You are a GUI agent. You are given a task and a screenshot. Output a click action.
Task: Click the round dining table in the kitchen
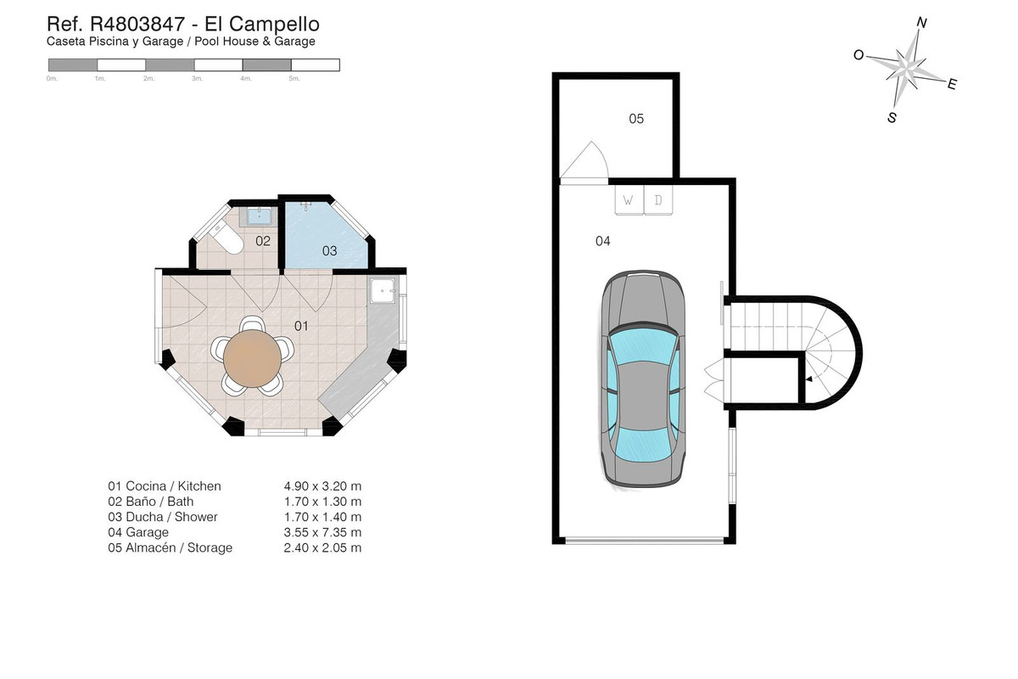[252, 359]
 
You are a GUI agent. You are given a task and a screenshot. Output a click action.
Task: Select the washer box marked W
[629, 200]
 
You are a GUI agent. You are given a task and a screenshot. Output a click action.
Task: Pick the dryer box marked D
[658, 200]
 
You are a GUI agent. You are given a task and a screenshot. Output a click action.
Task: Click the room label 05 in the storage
[636, 119]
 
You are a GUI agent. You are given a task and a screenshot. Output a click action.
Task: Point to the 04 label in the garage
[603, 241]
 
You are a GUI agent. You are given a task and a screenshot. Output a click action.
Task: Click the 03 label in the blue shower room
[329, 250]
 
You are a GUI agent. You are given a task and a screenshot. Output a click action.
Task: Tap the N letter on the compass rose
[921, 23]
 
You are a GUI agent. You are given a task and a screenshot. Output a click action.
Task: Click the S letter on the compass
[892, 118]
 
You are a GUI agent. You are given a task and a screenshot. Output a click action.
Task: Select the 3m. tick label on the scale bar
[197, 79]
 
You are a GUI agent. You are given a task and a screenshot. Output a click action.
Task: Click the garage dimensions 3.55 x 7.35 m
[322, 532]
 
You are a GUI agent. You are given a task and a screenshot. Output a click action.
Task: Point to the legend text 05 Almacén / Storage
[170, 547]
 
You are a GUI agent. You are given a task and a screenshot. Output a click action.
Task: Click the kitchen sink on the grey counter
[383, 290]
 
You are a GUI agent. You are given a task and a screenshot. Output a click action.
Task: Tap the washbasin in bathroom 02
[259, 216]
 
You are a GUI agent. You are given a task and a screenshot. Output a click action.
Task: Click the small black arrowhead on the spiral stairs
[809, 379]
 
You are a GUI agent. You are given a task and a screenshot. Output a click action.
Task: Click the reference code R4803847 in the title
[137, 24]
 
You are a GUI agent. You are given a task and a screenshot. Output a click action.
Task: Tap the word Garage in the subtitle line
[163, 42]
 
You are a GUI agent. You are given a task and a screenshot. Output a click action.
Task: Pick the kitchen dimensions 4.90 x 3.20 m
[322, 486]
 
